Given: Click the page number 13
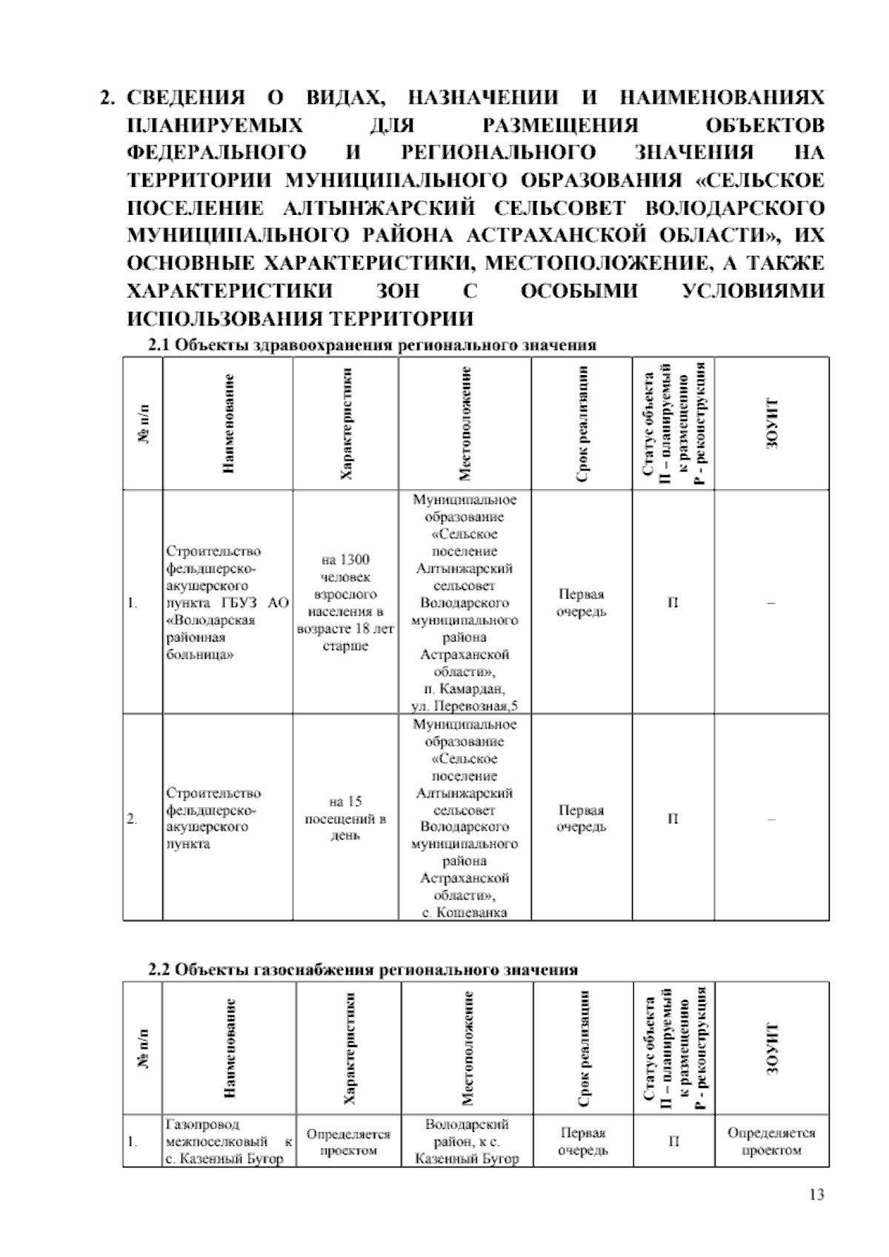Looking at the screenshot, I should pos(817,1195).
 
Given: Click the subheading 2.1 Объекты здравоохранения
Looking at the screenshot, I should pos(372,345).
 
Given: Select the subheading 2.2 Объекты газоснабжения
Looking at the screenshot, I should pos(363,970).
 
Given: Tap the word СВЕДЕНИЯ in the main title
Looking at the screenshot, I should pos(186,97).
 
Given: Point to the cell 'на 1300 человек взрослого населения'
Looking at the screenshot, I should pos(345,603).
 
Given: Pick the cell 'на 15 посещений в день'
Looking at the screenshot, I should pos(345,818).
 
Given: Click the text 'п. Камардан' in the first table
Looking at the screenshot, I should pos(465,689).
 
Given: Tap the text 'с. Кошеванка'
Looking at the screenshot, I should pos(465,912).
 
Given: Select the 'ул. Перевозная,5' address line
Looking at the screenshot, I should pos(465,706).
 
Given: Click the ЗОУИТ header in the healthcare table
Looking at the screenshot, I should pos(773,423).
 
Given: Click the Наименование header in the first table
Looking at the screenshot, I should pos(229,423).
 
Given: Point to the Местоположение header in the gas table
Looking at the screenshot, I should pos(467,1048).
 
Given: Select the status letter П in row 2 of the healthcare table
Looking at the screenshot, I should pos(673,818).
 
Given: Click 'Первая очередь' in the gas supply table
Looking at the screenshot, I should pos(583,1141).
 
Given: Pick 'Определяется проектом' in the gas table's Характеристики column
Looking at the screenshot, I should pos(348,1141).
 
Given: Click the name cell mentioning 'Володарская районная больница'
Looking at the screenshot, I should pos(227,603).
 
